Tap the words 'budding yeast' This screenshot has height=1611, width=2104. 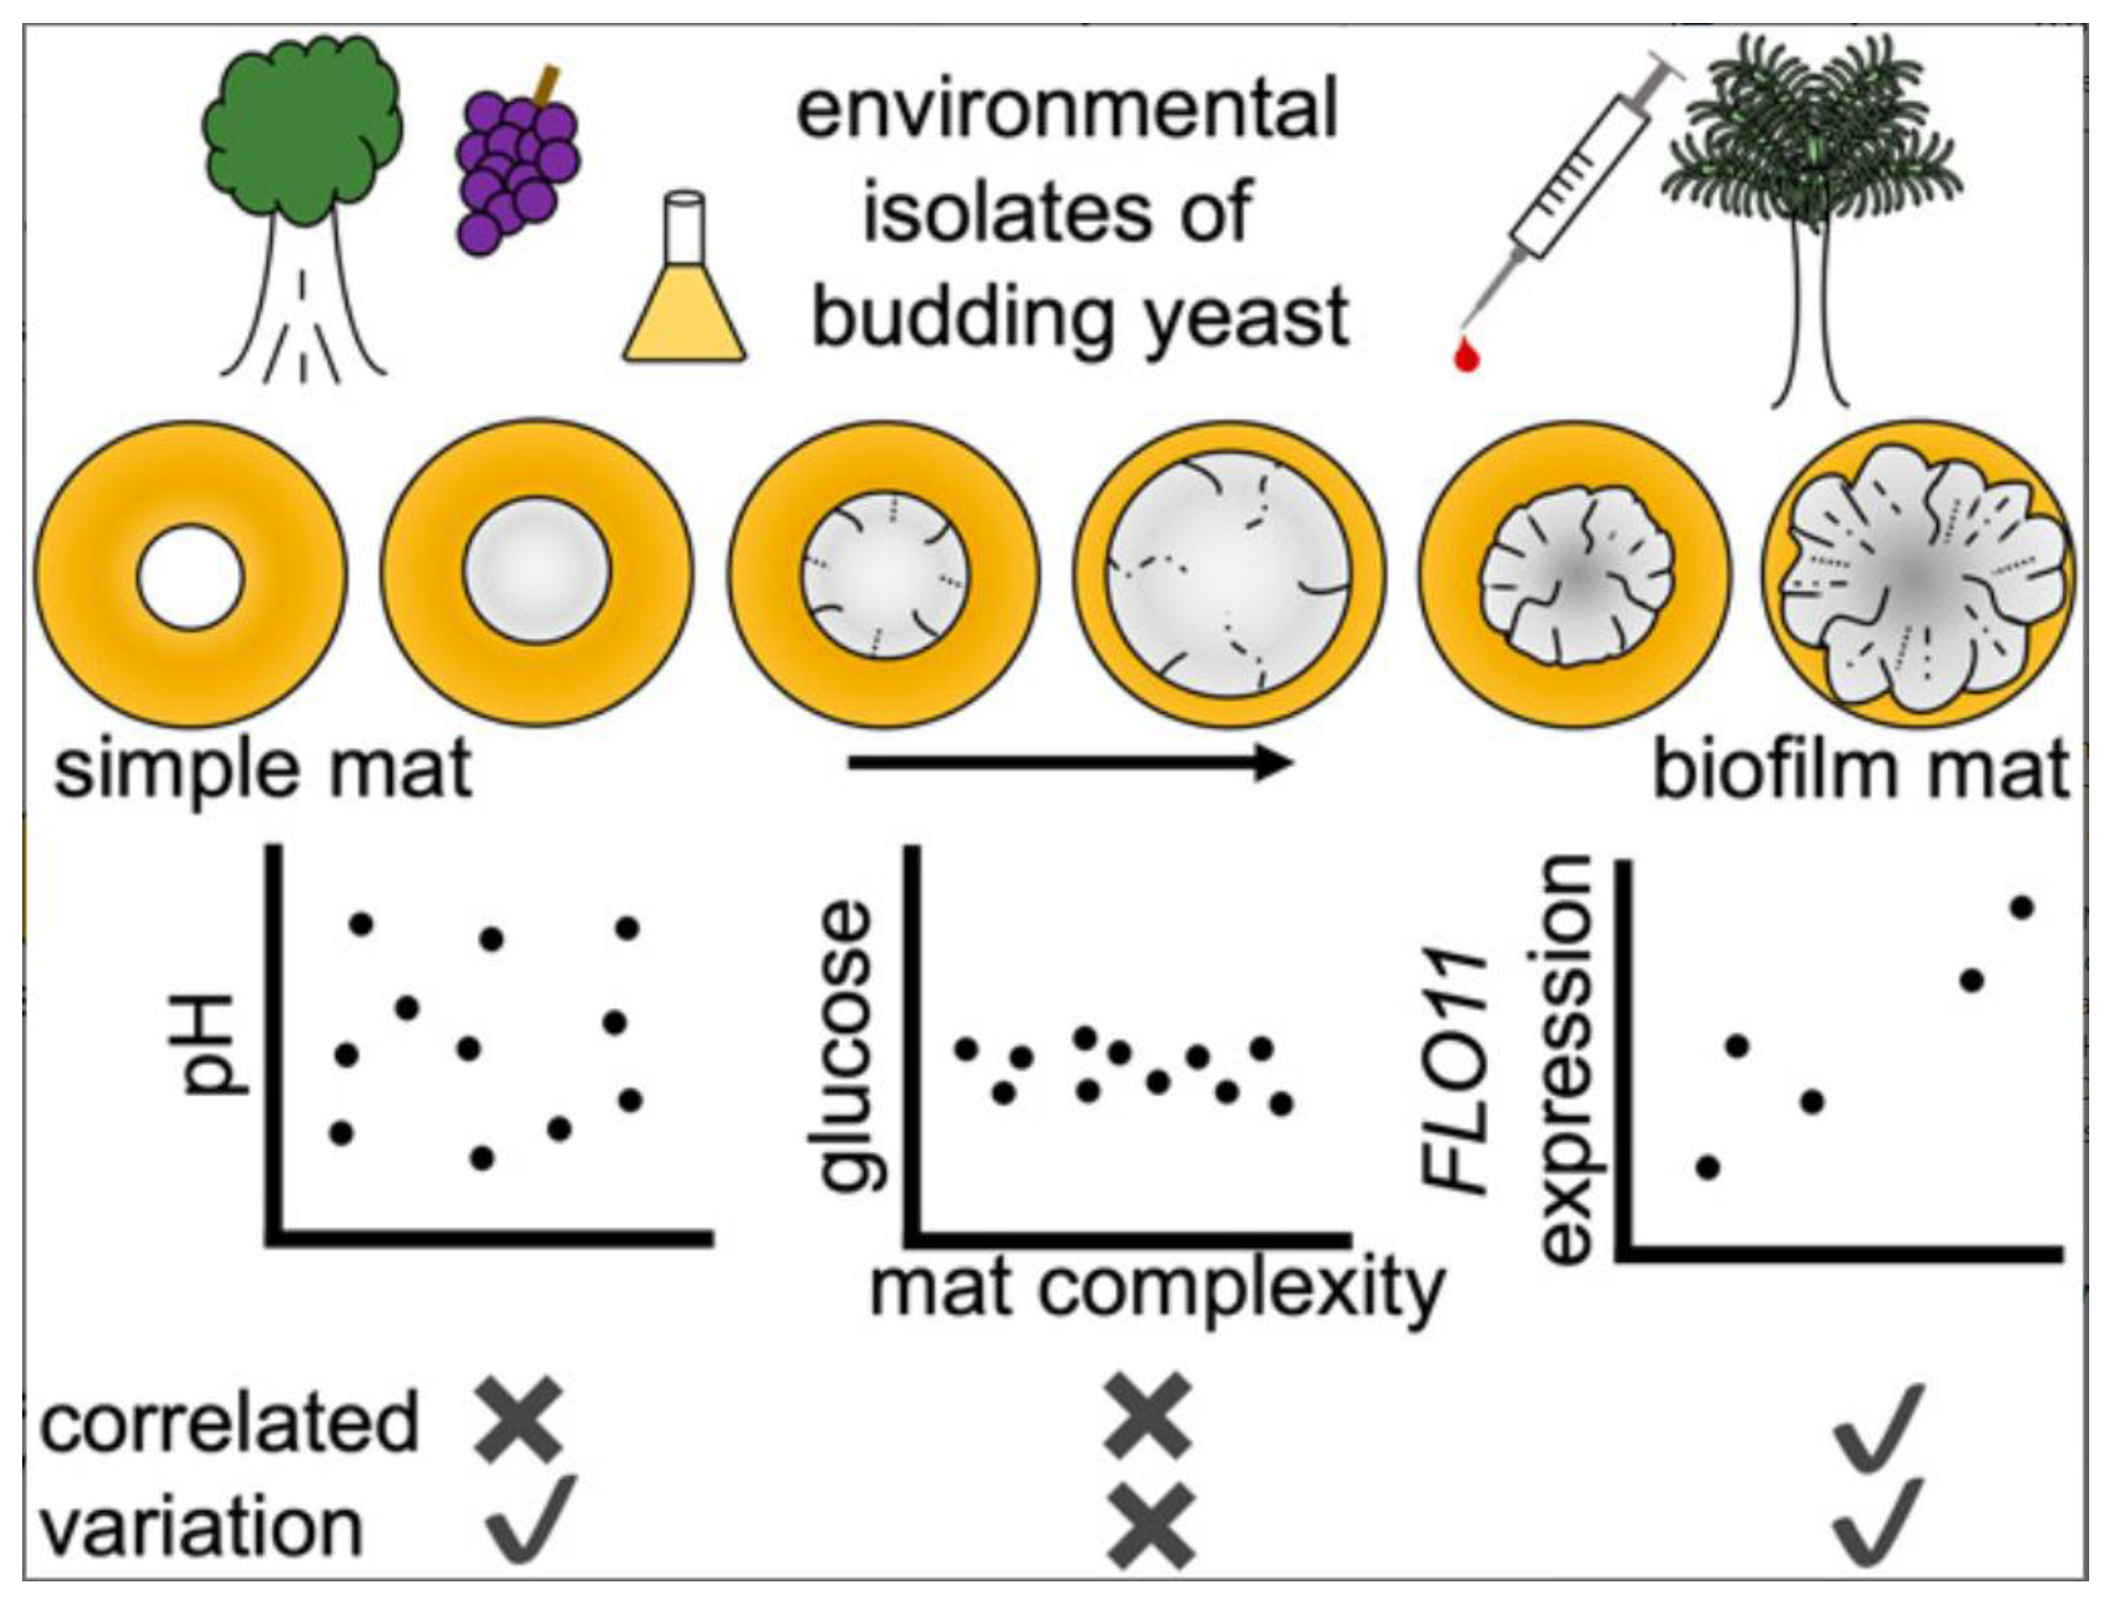tap(1081, 318)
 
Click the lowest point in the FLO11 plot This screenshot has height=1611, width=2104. tap(1708, 1167)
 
